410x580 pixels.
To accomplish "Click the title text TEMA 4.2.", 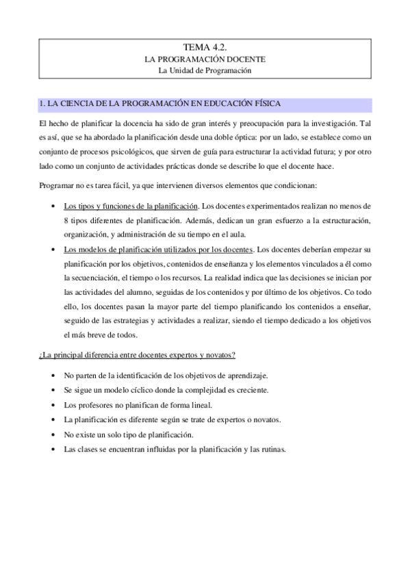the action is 205,47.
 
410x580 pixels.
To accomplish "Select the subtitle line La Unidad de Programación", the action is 205,70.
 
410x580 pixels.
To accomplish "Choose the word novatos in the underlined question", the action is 220,354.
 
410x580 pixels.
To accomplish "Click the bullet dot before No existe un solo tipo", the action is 54,435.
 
